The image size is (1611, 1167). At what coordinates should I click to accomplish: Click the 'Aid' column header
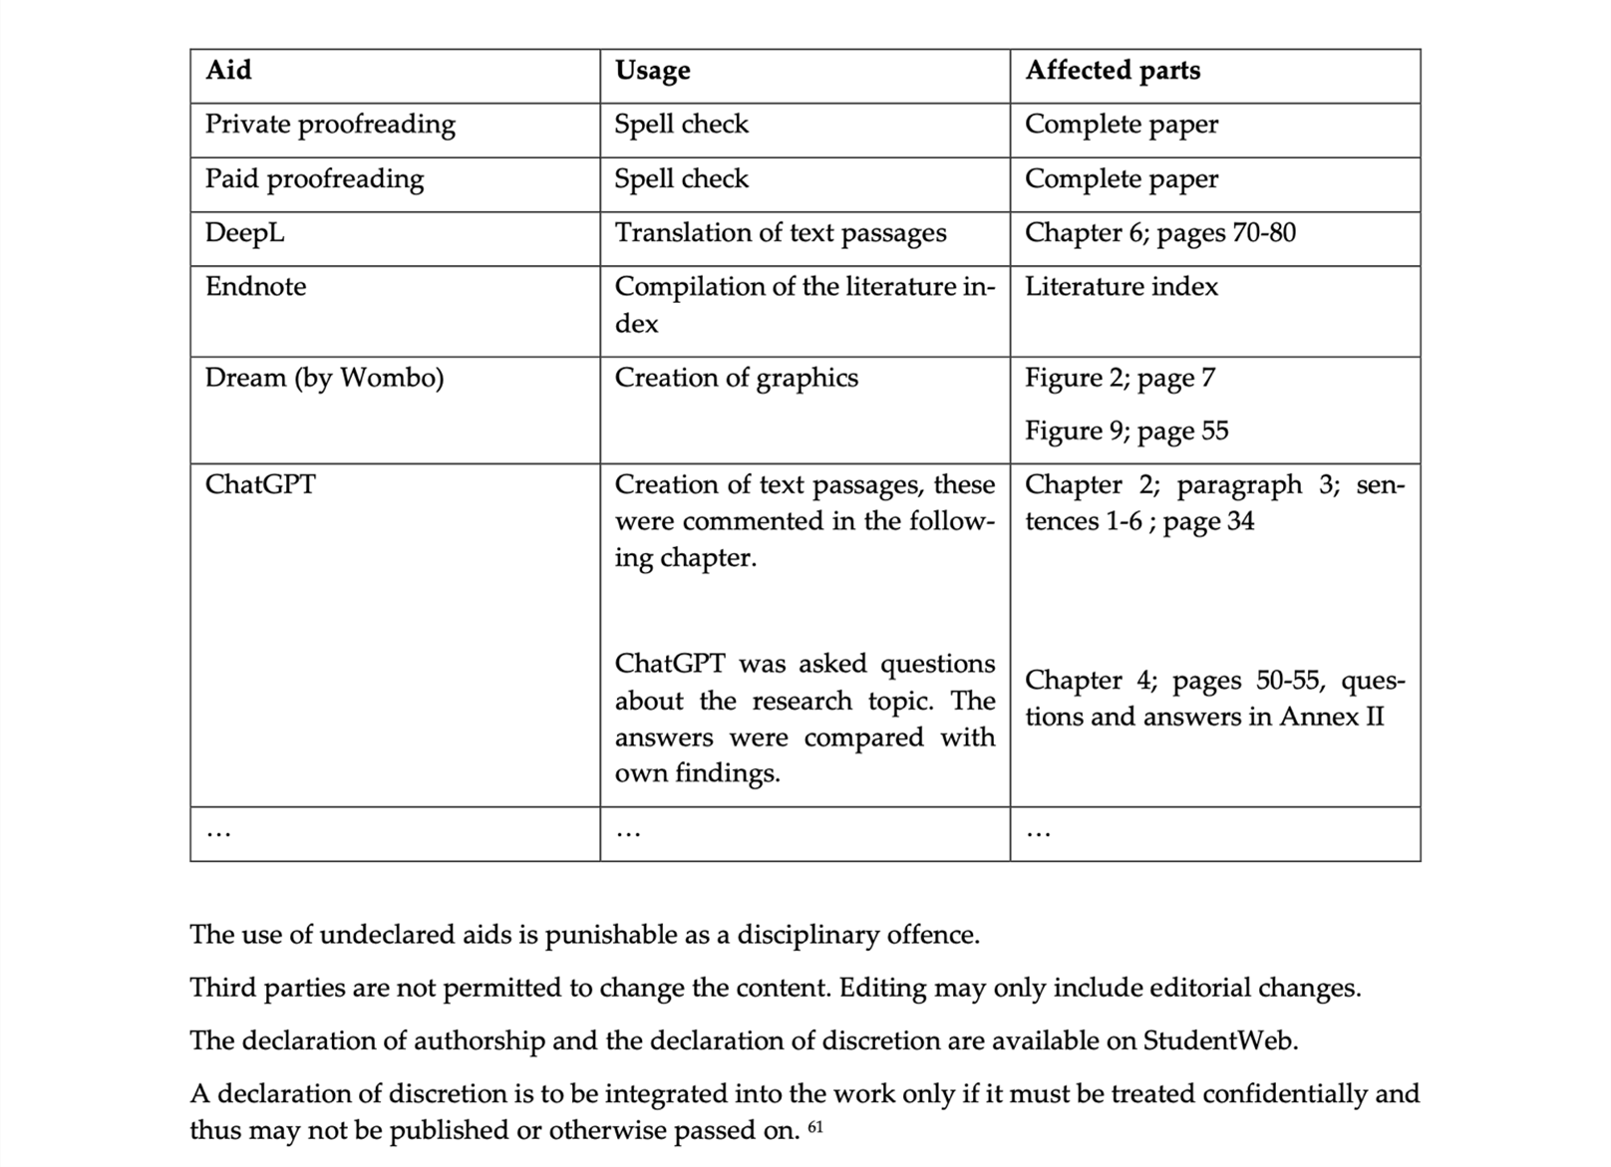tap(228, 71)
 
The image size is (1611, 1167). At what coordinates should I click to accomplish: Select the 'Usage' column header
tap(652, 71)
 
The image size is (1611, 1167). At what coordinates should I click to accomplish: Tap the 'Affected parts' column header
tap(1113, 71)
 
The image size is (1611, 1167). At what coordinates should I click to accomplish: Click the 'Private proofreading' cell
tap(330, 125)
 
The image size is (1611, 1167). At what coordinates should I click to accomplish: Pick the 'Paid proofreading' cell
tap(314, 179)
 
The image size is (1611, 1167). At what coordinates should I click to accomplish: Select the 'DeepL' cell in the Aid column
tap(244, 233)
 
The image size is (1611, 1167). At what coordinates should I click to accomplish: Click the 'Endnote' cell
tap(255, 287)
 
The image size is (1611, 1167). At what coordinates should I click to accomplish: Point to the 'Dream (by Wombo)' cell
tap(324, 378)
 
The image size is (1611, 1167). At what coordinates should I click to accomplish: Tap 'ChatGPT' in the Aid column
tap(260, 484)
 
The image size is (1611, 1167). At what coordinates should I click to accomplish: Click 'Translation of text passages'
tap(781, 233)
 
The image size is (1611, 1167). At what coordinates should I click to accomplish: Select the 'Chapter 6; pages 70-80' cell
tap(1160, 233)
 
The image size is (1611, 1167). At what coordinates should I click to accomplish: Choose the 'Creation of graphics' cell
tap(736, 378)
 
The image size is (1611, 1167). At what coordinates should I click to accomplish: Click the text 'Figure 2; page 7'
tap(1120, 378)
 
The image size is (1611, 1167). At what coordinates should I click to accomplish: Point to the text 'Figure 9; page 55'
tap(1127, 431)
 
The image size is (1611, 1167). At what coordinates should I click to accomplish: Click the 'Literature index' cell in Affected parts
tap(1122, 287)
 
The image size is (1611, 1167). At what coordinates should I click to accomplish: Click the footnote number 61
tap(815, 1128)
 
